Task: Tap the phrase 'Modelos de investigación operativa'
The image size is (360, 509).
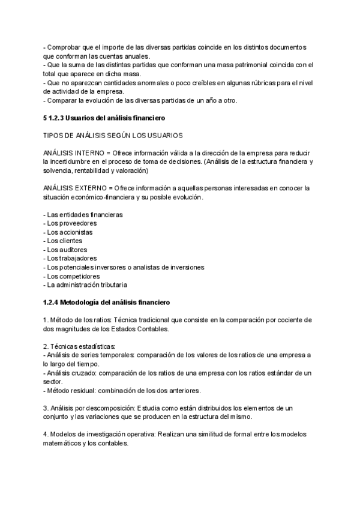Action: [103, 435]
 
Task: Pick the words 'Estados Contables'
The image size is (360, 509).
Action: [141, 329]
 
